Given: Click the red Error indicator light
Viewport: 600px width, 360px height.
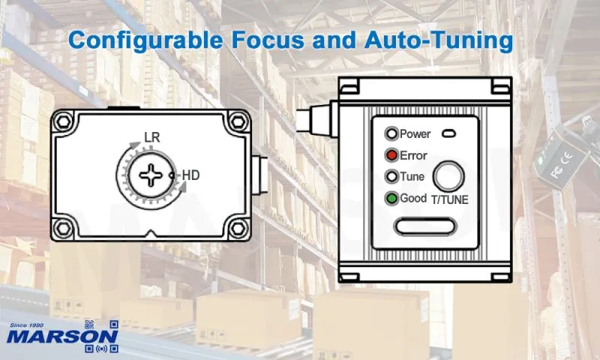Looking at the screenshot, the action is pos(391,155).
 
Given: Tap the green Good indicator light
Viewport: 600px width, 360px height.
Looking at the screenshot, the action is pos(391,199).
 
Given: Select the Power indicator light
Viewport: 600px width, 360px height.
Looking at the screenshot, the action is pos(391,134).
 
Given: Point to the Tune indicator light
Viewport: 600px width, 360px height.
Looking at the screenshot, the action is pos(391,177).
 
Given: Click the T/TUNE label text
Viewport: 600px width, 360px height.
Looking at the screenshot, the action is pos(449,199).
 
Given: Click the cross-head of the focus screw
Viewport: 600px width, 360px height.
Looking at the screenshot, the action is pos(151,175).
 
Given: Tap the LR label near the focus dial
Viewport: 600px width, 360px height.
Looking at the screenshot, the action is pos(152,137).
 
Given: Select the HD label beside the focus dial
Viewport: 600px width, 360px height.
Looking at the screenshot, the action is pos(191,175).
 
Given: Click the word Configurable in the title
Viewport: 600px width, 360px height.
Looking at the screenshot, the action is pos(145,40).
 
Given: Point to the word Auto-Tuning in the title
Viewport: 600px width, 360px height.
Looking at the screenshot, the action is pos(439,40).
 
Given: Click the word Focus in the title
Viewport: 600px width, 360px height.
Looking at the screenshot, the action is pos(269,40).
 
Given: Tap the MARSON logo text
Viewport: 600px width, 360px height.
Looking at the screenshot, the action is pos(62,337).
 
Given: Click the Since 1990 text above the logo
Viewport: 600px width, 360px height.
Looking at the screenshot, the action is pos(27,325).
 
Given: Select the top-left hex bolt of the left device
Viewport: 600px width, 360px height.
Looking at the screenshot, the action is pos(63,121).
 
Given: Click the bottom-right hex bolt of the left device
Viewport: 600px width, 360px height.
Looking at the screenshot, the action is pos(238,229).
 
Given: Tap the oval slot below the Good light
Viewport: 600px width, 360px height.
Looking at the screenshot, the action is pos(425,226).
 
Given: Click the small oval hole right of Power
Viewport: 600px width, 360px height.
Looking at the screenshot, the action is pos(448,134).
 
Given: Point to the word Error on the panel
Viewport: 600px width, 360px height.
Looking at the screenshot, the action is pos(413,156).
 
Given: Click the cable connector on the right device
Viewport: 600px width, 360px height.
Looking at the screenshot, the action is pos(318,118).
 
